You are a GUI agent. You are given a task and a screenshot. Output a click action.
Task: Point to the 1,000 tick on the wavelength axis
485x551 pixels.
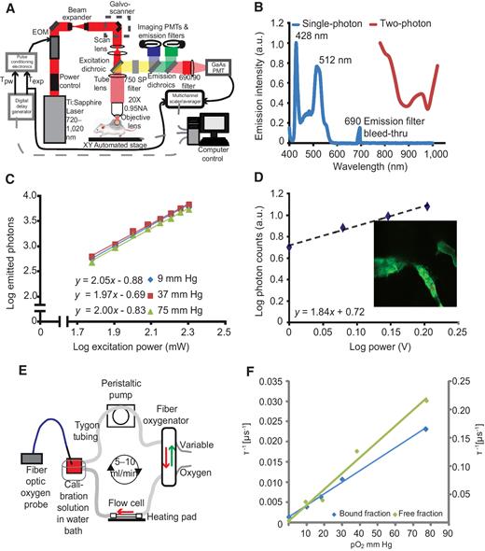tap(460, 159)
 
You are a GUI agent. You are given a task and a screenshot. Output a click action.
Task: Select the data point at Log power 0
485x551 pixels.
tap(290, 247)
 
